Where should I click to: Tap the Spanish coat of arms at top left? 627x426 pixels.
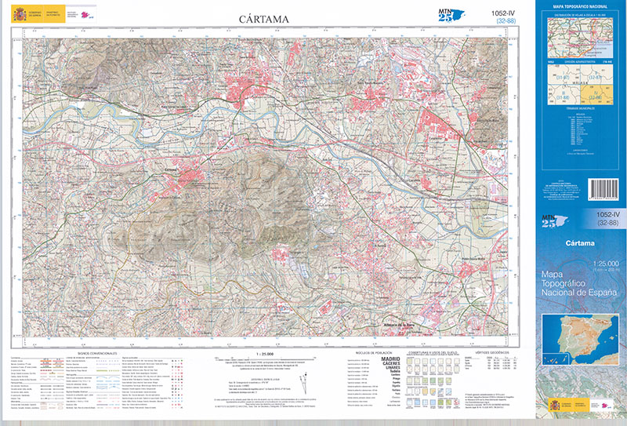[19, 14]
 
